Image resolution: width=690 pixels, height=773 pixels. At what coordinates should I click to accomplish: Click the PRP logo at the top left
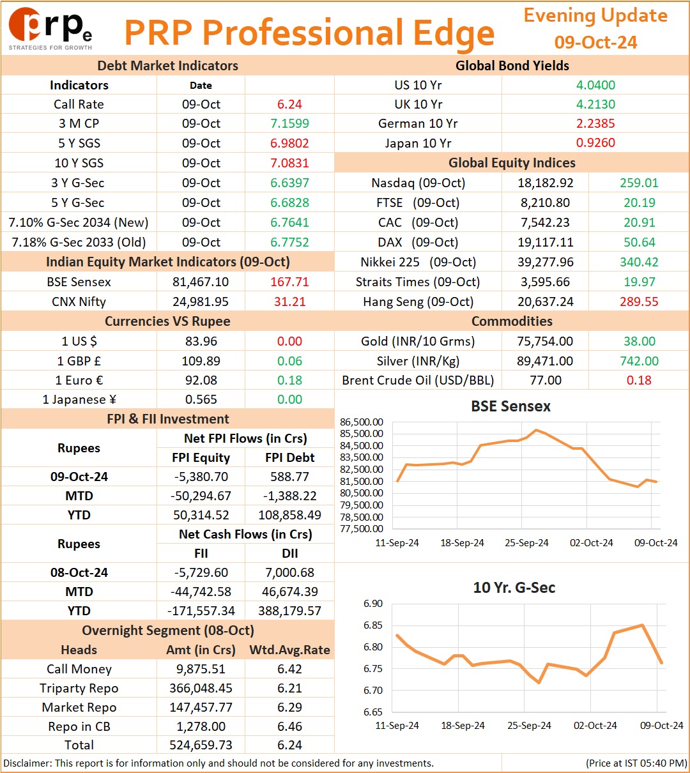[x=50, y=28]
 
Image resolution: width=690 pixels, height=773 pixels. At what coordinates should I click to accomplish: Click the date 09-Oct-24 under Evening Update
[x=595, y=42]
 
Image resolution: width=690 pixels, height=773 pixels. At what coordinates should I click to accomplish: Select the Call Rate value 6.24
[x=289, y=104]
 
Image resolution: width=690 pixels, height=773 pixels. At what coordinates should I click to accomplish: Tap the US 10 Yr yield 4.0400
[x=595, y=85]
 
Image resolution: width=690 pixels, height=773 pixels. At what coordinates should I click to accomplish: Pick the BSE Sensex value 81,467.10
[x=201, y=282]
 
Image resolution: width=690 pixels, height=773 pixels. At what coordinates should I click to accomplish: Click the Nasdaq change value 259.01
[x=639, y=183]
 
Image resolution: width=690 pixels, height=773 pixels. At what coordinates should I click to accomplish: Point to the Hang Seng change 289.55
[x=639, y=302]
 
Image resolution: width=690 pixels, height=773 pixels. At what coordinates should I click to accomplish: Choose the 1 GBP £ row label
[x=79, y=361]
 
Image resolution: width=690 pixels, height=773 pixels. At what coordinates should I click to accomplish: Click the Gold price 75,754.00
[x=545, y=341]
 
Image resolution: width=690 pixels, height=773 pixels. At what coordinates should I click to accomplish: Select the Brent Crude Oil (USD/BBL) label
[x=418, y=380]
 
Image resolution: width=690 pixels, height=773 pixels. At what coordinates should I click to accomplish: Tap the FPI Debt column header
[x=289, y=457]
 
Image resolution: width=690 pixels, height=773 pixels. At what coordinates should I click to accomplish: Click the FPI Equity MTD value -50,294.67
[x=201, y=496]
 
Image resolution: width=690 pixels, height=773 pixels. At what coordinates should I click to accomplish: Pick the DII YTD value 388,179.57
[x=289, y=611]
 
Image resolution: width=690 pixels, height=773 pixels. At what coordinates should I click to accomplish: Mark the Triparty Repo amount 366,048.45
[x=201, y=688]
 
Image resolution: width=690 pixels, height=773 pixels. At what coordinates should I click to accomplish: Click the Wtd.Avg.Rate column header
[x=289, y=650]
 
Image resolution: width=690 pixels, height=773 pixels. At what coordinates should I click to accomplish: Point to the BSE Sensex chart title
[x=510, y=406]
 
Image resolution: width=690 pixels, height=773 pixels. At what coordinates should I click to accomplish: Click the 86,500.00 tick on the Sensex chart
[x=361, y=422]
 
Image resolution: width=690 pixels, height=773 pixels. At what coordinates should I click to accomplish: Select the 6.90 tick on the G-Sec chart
[x=373, y=603]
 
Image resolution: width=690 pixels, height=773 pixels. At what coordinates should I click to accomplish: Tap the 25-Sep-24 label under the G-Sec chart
[x=529, y=725]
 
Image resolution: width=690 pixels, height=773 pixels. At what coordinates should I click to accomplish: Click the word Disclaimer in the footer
[x=27, y=763]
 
